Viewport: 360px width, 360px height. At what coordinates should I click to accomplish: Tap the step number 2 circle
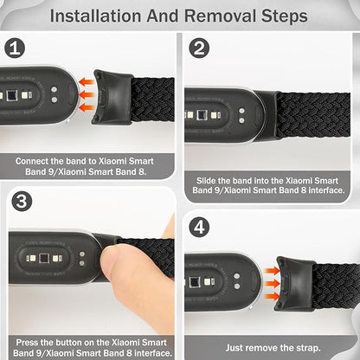199,49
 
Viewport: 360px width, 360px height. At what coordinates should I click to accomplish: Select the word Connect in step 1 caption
43,161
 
